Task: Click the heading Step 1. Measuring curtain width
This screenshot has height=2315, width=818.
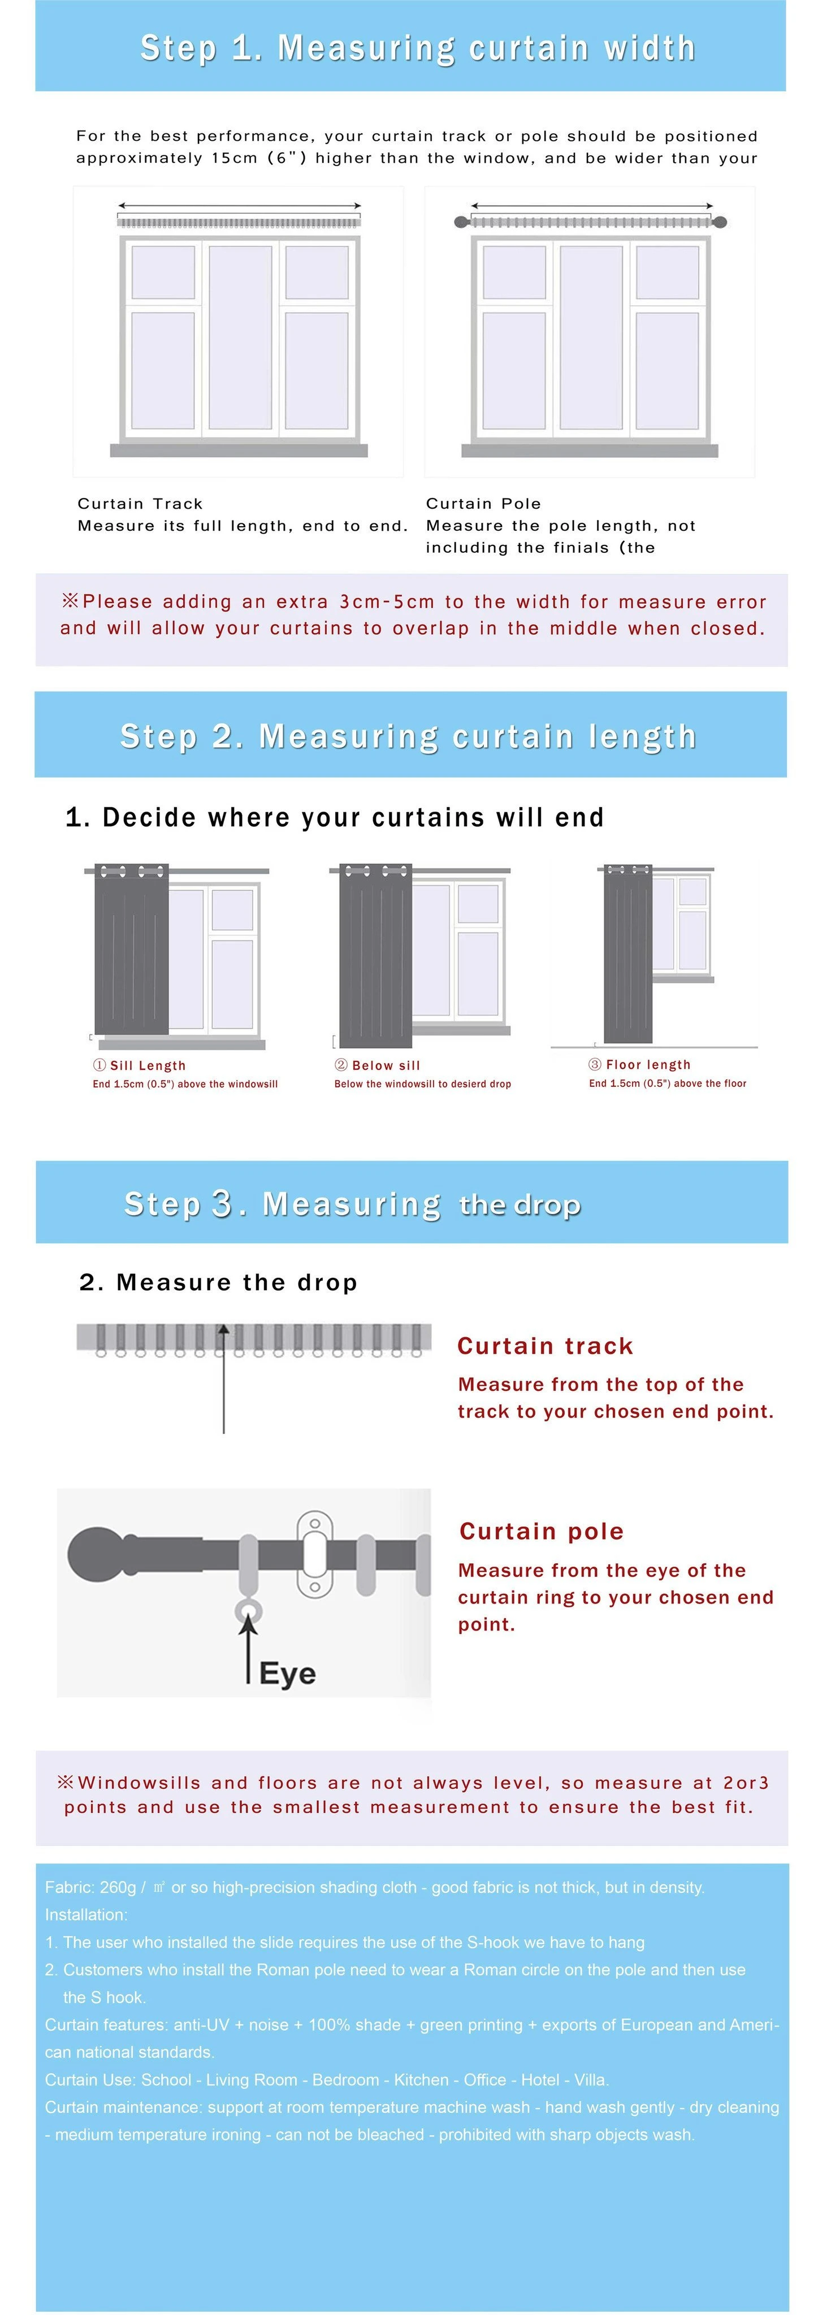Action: [418, 47]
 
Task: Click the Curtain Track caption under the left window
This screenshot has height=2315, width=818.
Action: [140, 503]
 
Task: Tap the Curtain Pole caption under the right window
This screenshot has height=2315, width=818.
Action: [483, 503]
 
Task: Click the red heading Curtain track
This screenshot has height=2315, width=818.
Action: [545, 1345]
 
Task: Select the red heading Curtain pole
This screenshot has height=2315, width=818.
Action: [541, 1531]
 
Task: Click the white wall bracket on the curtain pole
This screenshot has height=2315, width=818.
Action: [315, 1555]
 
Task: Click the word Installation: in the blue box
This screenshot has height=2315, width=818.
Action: [86, 1914]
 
